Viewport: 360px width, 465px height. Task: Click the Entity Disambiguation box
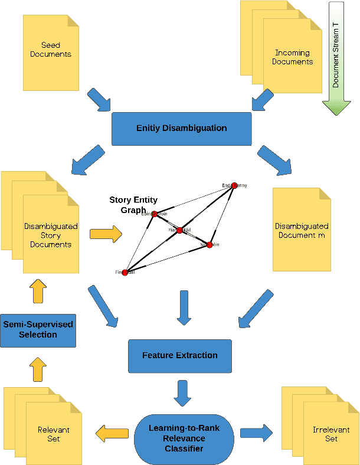[181, 128]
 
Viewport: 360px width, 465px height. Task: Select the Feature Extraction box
[179, 355]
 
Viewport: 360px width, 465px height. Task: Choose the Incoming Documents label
[293, 57]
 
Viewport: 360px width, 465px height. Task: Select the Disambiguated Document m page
[301, 230]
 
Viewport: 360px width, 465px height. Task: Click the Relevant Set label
[53, 434]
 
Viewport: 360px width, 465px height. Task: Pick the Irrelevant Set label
[331, 434]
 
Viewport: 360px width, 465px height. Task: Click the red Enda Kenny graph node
[234, 185]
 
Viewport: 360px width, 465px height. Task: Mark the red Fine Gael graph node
[125, 272]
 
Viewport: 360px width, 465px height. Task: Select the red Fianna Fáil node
[179, 230]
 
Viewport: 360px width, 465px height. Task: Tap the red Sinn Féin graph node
[209, 244]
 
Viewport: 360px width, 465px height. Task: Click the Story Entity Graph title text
[133, 205]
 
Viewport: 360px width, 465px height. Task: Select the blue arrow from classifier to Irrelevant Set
[256, 433]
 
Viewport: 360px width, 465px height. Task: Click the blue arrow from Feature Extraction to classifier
[182, 391]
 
